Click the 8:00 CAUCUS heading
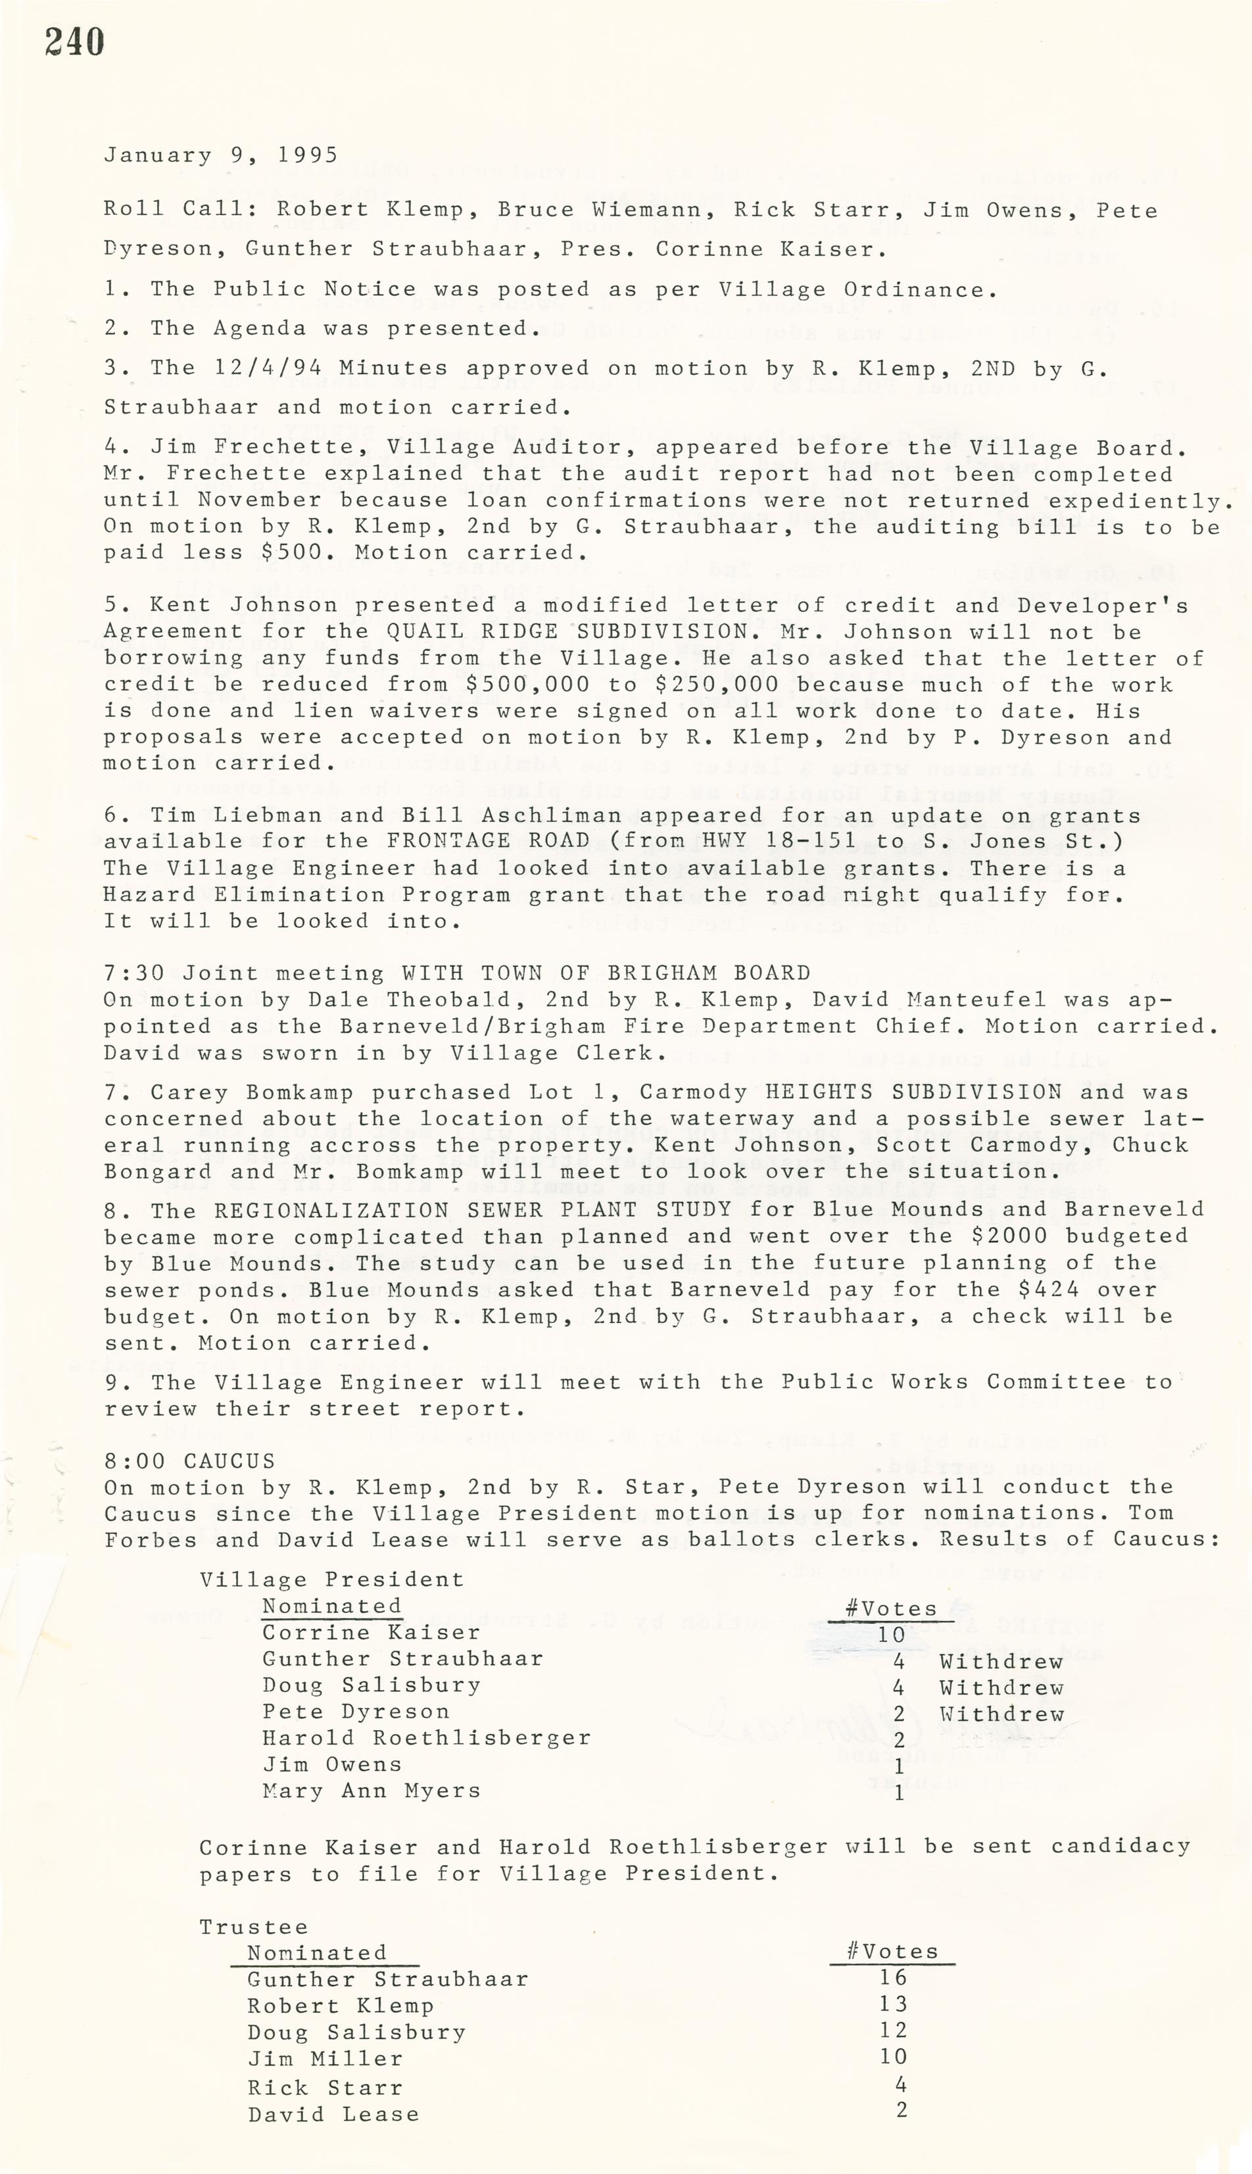(x=189, y=1461)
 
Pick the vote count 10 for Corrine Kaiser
(x=891, y=1634)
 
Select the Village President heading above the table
(x=332, y=1580)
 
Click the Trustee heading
(x=254, y=1927)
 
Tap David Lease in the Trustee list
(x=333, y=2114)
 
